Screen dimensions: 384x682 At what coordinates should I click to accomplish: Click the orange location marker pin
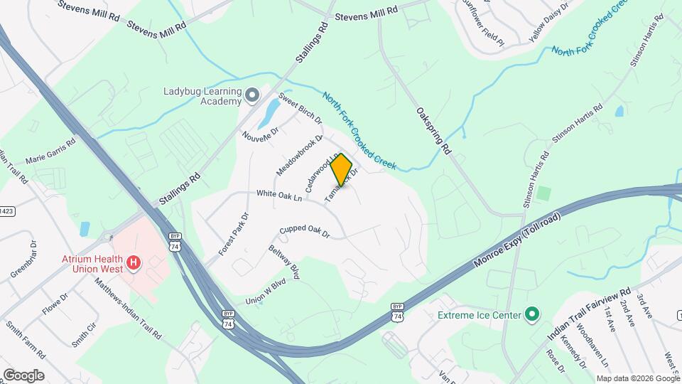coord(342,170)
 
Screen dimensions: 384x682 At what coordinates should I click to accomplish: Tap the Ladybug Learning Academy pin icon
coord(251,95)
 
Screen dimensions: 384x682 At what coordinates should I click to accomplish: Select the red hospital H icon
coord(133,265)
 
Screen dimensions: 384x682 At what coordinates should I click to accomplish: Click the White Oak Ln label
coord(279,193)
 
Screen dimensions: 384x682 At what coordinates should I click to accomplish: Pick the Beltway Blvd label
coord(284,261)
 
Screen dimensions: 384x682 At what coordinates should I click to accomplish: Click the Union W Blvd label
coord(265,291)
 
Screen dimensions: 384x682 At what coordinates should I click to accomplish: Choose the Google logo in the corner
coord(23,375)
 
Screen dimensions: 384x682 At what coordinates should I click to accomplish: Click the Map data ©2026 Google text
coord(638,378)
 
